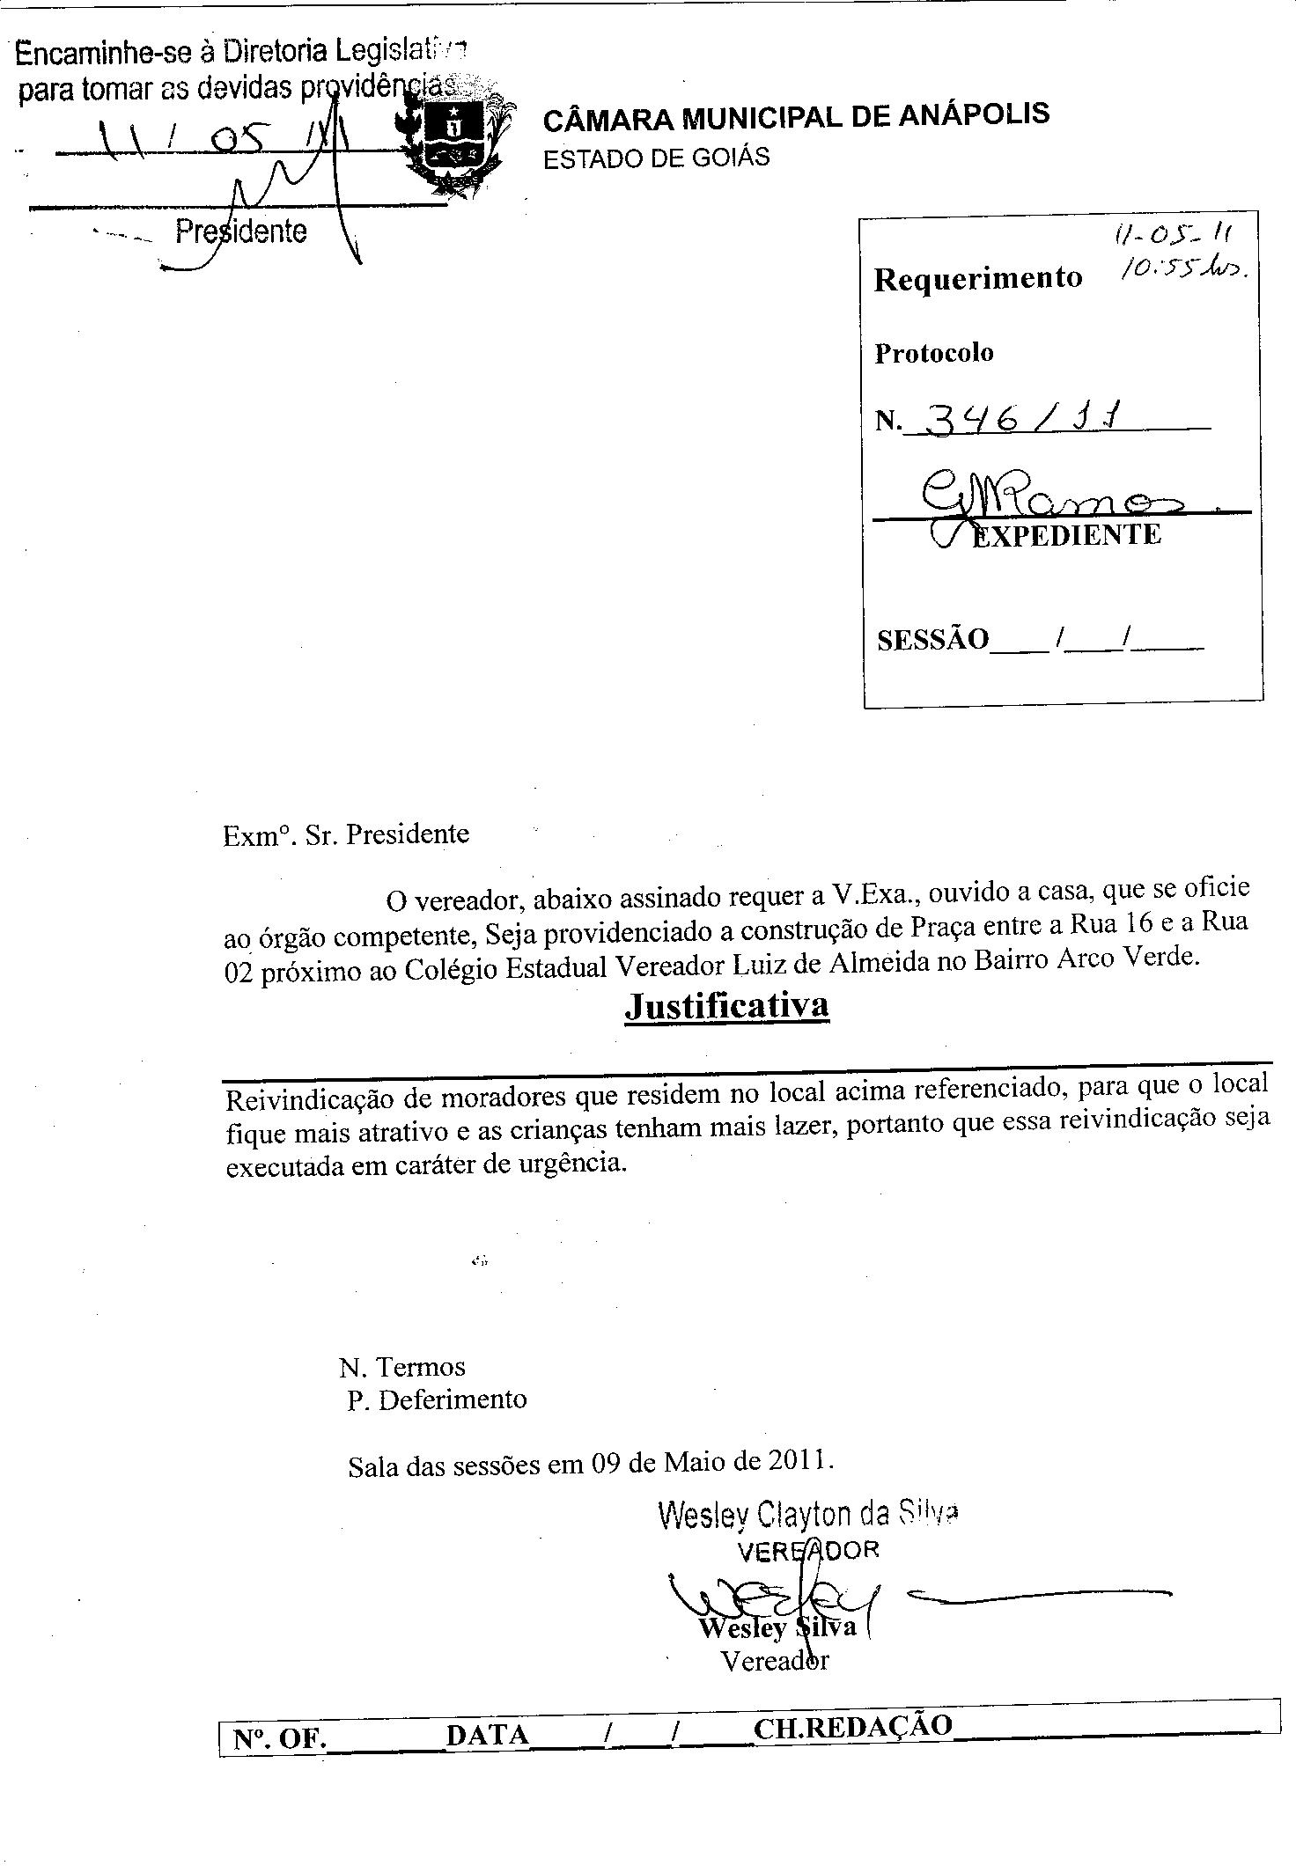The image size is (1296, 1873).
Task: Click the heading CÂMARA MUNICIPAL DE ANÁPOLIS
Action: [x=796, y=115]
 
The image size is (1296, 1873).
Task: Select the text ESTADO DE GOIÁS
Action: [x=656, y=158]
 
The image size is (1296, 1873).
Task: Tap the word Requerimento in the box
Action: [x=977, y=279]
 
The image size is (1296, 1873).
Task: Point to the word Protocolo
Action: [x=933, y=353]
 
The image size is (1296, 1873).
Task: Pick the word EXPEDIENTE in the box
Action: [x=1066, y=534]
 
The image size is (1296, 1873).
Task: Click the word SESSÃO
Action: [x=932, y=639]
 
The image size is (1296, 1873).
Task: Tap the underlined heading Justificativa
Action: [x=726, y=1005]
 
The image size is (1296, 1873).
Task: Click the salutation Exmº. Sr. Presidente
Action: [x=346, y=834]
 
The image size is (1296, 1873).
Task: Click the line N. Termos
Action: [x=402, y=1367]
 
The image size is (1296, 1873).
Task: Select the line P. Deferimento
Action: [x=437, y=1399]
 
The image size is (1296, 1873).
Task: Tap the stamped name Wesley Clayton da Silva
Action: [x=807, y=1514]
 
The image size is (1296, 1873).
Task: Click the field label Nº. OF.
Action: [x=279, y=1738]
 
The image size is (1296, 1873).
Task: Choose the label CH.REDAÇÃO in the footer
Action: [x=852, y=1726]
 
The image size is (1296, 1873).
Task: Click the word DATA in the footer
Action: [x=487, y=1735]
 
